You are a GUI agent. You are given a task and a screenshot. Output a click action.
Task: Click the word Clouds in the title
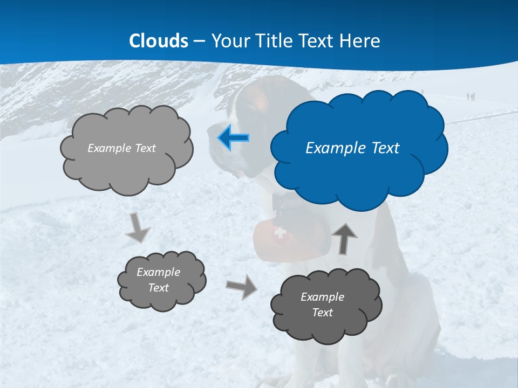click(159, 41)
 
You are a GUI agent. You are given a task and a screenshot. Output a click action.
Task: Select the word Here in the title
click(361, 41)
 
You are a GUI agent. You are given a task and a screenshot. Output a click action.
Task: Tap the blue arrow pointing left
click(234, 138)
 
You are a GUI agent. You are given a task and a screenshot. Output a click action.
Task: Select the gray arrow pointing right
click(242, 286)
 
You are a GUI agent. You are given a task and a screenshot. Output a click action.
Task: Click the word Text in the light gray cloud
click(144, 148)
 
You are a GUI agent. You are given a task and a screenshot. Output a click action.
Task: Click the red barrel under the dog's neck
click(270, 240)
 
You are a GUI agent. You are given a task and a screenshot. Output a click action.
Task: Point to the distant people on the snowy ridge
click(471, 96)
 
